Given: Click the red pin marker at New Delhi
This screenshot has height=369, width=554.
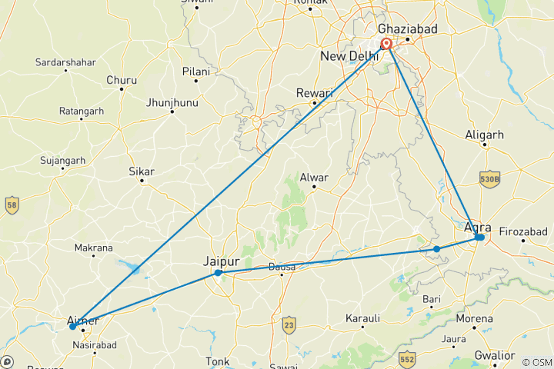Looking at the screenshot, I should (387, 44).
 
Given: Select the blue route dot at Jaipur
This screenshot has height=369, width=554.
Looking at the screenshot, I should (219, 273).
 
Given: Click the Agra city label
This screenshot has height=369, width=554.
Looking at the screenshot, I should (478, 227).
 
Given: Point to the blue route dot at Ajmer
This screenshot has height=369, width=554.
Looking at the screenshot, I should (73, 327).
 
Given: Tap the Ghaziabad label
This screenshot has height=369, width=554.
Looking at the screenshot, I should (407, 28).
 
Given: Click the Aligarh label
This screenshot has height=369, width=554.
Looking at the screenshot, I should (485, 135).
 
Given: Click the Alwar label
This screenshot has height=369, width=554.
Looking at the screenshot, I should (314, 177).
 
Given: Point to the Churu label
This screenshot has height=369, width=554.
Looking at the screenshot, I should (122, 80).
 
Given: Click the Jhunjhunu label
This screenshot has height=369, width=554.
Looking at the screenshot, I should (172, 101).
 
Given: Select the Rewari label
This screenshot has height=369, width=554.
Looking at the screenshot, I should (315, 93).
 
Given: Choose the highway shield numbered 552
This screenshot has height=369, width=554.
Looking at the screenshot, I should (407, 357).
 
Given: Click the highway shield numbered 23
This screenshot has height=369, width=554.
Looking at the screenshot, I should (289, 323).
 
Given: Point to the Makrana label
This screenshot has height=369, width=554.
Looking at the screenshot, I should (93, 248).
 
